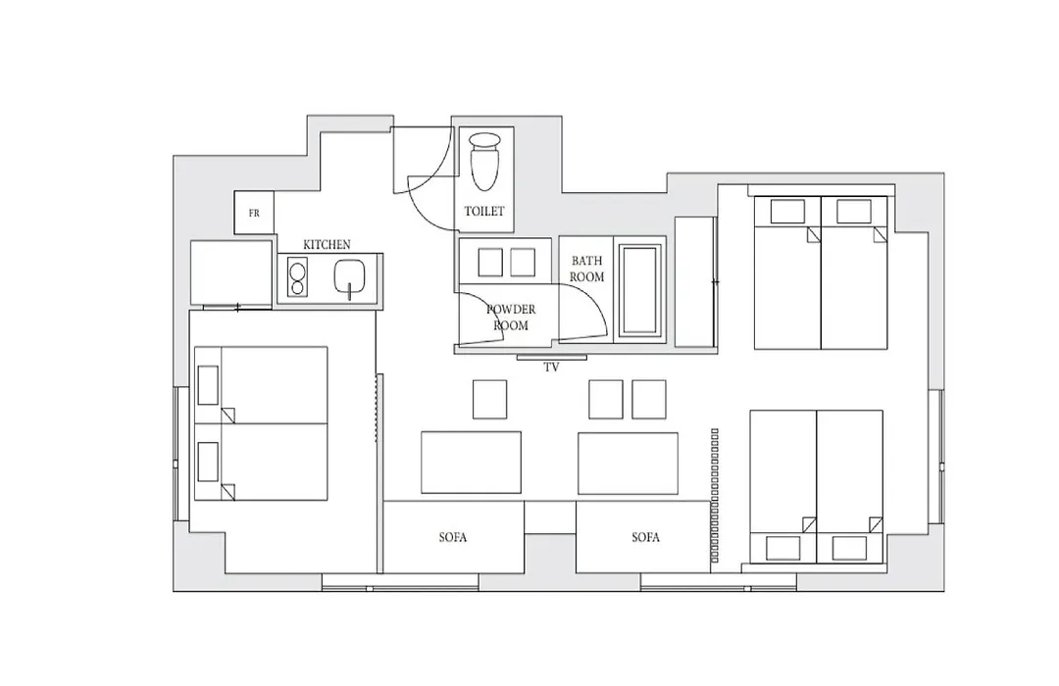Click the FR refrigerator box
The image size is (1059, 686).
254,213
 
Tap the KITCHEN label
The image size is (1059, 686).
327,244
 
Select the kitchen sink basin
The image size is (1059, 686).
350,275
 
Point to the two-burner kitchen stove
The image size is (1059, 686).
296,277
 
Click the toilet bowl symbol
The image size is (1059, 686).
485,161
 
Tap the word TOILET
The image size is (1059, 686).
484,212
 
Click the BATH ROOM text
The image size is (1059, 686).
586,269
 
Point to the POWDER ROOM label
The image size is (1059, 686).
511,318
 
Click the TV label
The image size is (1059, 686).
551,367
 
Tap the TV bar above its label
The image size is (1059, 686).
551,357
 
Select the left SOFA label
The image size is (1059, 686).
452,537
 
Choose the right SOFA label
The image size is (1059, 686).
645,537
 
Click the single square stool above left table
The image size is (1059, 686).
489,399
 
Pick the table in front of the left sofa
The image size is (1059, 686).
472,464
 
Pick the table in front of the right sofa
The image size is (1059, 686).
629,464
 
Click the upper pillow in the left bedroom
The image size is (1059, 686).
208,385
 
